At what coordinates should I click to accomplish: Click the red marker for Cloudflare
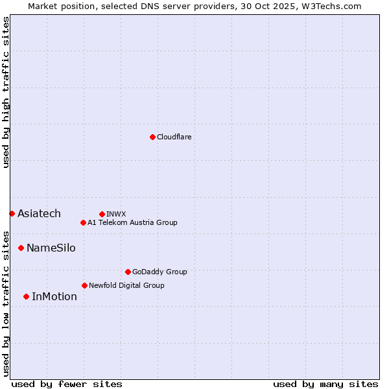[x=152, y=137]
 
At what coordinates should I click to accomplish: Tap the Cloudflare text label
[x=174, y=137]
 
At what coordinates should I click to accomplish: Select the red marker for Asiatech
[x=12, y=213]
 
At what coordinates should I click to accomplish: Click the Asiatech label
[x=39, y=214]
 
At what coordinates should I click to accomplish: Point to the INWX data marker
[x=102, y=214]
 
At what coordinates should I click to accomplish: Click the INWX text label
[x=116, y=214]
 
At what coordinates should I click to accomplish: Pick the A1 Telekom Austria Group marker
[x=83, y=222]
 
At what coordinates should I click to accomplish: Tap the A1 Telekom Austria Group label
[x=132, y=222]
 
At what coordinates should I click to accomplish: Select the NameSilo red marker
[x=21, y=248]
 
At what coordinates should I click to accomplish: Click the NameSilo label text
[x=51, y=248]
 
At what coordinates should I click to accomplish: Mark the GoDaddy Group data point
[x=128, y=272]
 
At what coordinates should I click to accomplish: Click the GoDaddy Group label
[x=159, y=272]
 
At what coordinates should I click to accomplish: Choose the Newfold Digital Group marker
[x=84, y=285]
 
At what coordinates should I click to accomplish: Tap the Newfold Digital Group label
[x=126, y=285]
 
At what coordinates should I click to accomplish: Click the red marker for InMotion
[x=26, y=296]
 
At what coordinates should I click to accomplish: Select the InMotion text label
[x=54, y=297]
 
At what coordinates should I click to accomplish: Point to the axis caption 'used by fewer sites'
[x=67, y=384]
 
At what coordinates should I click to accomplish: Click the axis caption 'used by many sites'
[x=325, y=384]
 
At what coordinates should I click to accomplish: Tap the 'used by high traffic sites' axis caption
[x=6, y=92]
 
